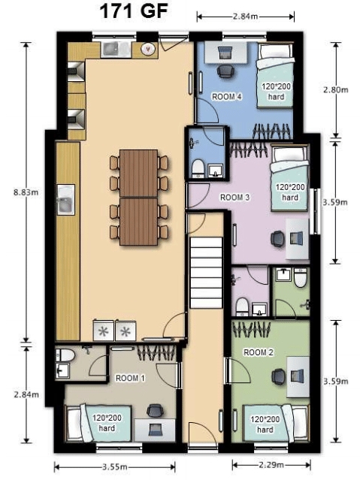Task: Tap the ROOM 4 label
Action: pos(226,97)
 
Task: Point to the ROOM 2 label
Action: pos(258,351)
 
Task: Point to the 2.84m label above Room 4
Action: pos(245,15)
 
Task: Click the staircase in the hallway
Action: pos(205,279)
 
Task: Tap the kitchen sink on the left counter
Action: pos(65,200)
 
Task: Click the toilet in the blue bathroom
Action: pos(197,167)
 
